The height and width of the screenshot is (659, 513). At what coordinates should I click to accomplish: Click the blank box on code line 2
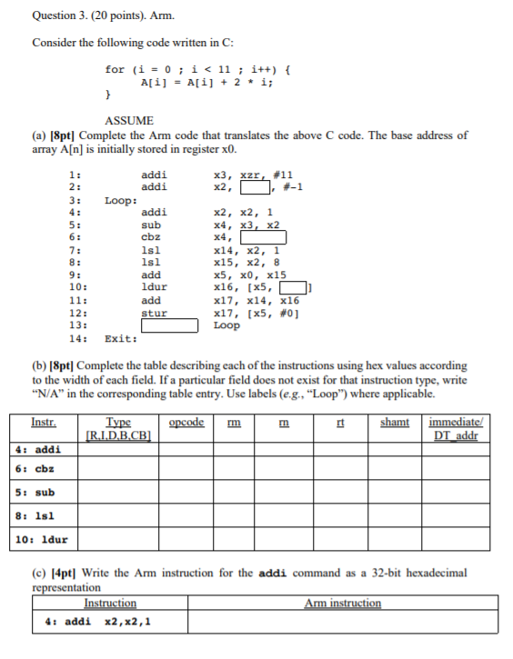[256, 187]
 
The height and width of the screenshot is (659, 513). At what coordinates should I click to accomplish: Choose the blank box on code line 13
[169, 325]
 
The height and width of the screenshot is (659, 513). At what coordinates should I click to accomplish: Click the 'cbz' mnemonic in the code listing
[151, 237]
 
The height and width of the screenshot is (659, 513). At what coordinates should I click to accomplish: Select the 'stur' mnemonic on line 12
[155, 313]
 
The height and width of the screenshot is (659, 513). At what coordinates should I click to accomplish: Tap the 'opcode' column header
[186, 422]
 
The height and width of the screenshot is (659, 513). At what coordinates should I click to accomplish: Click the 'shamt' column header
[395, 422]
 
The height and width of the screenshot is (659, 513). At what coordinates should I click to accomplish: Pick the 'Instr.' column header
[44, 422]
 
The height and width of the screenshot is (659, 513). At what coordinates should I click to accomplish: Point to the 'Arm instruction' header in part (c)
[343, 603]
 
